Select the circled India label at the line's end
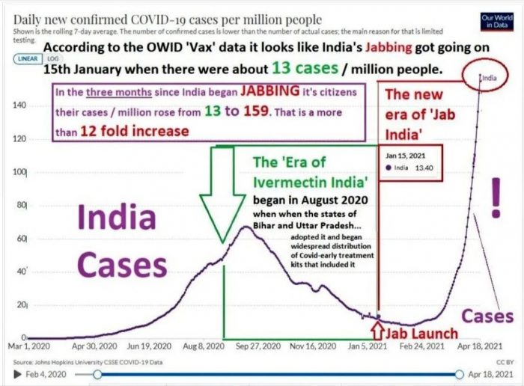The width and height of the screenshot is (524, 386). click(x=488, y=76)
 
